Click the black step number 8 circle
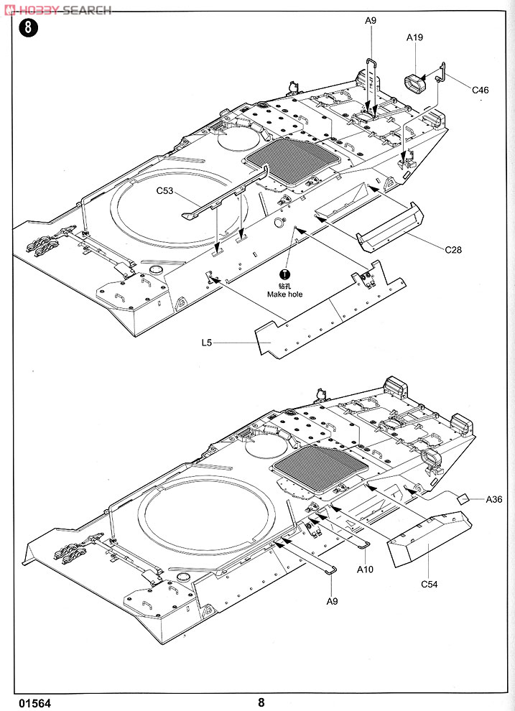click(x=29, y=28)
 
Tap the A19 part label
click(x=414, y=37)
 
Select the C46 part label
click(x=480, y=90)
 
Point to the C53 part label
click(x=164, y=190)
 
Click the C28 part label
click(x=453, y=249)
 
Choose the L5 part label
click(x=207, y=343)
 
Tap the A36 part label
click(x=493, y=499)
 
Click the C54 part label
click(x=429, y=584)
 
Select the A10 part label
click(x=364, y=569)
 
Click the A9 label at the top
click(x=371, y=20)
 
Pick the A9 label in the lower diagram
click(x=332, y=601)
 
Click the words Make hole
click(x=284, y=294)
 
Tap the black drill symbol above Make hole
click(x=284, y=274)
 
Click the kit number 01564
click(x=35, y=703)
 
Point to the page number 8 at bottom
click(x=261, y=702)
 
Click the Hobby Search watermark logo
click(x=57, y=10)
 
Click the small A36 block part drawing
click(x=463, y=498)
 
